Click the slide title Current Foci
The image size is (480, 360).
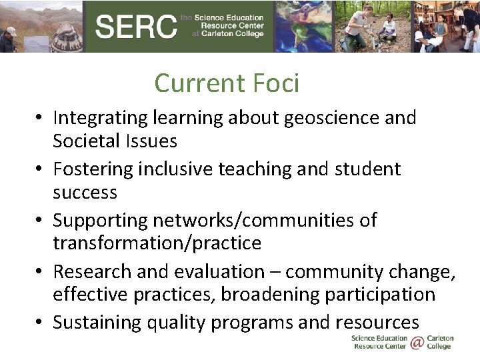(x=227, y=83)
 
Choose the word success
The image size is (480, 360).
(x=85, y=193)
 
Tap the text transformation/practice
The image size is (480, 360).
(x=157, y=243)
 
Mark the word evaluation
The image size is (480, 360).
(x=220, y=272)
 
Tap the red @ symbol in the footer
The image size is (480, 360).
(x=417, y=342)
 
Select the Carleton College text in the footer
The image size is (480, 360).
(x=440, y=342)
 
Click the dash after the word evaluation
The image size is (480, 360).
(x=275, y=272)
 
